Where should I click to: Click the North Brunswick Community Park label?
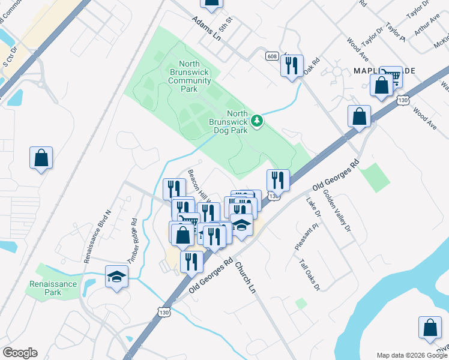click(189, 77)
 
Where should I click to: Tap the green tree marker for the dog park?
click(257, 121)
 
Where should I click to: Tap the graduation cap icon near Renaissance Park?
click(117, 277)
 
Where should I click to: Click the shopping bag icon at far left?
click(41, 158)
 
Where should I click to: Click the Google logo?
click(20, 353)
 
